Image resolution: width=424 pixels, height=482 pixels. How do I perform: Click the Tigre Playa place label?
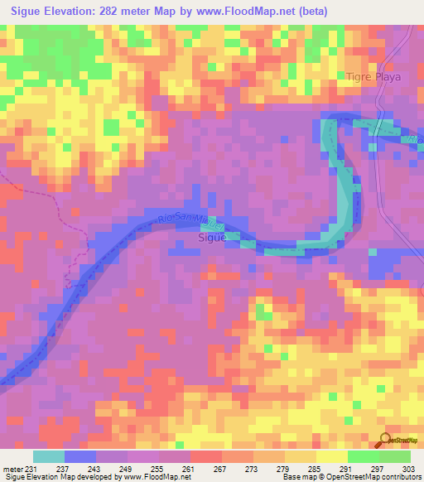(x=373, y=77)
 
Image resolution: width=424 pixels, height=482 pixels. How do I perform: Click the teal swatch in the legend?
(x=49, y=457)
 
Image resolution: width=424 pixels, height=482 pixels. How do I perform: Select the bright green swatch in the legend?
(x=363, y=457)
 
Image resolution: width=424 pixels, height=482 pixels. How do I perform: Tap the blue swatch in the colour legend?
(x=80, y=457)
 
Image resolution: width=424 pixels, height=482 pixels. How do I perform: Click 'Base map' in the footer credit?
(x=297, y=478)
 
